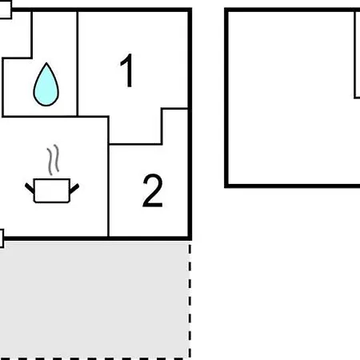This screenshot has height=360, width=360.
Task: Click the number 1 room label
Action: [x=127, y=70]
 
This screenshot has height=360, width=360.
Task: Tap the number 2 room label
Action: [x=153, y=190]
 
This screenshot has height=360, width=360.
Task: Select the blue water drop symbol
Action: [x=46, y=85]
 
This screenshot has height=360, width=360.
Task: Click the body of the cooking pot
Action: [x=52, y=190]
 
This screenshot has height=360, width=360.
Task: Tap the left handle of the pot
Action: [x=30, y=188]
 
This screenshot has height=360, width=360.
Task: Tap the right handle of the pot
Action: [x=74, y=188]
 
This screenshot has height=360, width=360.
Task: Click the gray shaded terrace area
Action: [x=94, y=299]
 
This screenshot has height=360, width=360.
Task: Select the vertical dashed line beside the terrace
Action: [x=190, y=300]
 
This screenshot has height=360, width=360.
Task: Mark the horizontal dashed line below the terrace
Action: [x=94, y=358]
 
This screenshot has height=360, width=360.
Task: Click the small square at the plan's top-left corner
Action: [x=6, y=10]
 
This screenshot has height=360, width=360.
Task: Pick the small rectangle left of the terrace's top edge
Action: [x=2, y=238]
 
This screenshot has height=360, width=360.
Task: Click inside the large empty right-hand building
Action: [x=290, y=98]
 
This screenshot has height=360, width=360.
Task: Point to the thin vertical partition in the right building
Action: [x=355, y=54]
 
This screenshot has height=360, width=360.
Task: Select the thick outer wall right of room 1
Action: [x=190, y=124]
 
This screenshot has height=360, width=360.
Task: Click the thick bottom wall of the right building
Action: [x=292, y=186]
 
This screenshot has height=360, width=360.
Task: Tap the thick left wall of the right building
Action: [x=226, y=98]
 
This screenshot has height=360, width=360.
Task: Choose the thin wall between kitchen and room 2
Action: [x=109, y=190]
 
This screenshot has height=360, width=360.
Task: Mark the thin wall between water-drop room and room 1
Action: [x=78, y=64]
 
